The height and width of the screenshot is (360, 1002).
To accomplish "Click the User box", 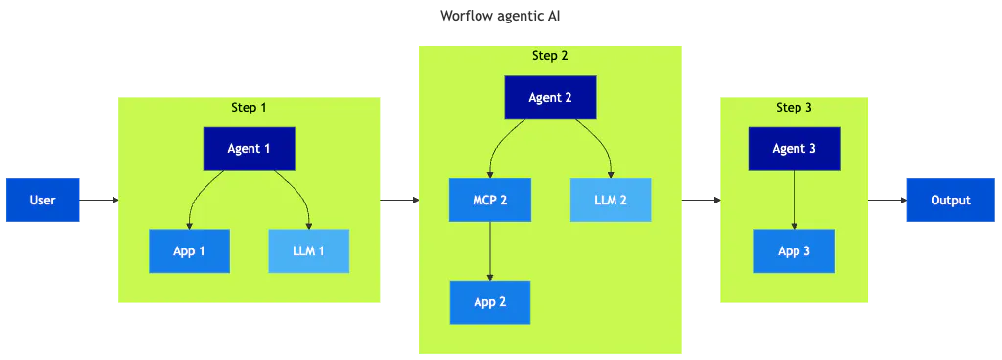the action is tap(43, 200).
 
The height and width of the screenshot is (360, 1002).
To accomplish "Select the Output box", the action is tap(951, 200).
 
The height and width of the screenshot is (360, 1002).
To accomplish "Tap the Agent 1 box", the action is tap(250, 149).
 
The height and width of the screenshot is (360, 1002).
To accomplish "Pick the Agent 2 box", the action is tap(550, 98).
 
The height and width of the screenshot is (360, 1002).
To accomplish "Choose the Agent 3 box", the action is tap(794, 149).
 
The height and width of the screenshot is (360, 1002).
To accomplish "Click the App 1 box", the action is tap(189, 250).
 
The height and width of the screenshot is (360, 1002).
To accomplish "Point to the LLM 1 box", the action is tap(308, 250).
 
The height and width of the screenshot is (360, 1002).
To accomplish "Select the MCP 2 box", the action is tap(490, 200).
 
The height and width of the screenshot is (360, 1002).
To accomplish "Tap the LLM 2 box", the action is tap(611, 200).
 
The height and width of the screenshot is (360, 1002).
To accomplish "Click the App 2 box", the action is tap(490, 302).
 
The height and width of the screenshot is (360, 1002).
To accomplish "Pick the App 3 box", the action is tap(794, 250).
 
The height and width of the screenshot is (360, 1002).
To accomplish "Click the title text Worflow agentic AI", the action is tap(500, 16).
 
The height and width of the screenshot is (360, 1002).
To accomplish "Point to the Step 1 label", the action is tap(249, 107).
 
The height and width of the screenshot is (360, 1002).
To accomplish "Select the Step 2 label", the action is tap(550, 56).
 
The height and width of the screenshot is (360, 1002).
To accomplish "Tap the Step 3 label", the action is tap(794, 107).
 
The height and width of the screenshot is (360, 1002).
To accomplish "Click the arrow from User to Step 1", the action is tap(99, 200).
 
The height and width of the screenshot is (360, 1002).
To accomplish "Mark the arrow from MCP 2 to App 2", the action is tap(490, 250).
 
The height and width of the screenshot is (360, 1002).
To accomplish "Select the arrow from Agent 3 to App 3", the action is tap(794, 200).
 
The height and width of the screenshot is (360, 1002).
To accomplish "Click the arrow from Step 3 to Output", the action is tap(888, 200).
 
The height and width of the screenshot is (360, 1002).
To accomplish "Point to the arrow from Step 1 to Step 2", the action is tap(399, 200).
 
